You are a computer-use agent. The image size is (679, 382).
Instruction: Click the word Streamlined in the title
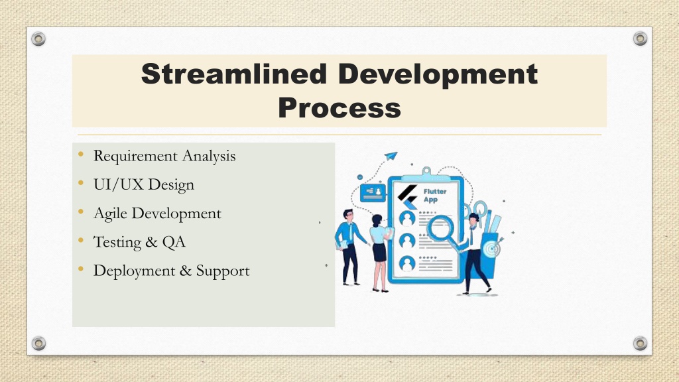[234, 74]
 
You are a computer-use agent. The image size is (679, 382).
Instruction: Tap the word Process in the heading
[339, 108]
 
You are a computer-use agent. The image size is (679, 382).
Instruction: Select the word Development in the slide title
[438, 75]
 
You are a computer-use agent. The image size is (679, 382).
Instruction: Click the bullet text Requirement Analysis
[164, 156]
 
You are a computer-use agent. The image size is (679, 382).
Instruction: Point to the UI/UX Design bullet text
[144, 184]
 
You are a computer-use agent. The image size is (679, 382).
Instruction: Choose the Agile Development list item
[157, 214]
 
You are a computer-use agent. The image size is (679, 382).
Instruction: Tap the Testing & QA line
[139, 241]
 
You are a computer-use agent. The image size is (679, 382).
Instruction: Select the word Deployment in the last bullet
[134, 271]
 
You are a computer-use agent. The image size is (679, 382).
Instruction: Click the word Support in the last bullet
[223, 271]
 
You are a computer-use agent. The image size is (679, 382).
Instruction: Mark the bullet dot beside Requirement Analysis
[81, 154]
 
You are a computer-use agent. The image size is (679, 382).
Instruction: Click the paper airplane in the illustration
[391, 156]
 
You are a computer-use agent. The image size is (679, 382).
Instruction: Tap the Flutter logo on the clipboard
[408, 197]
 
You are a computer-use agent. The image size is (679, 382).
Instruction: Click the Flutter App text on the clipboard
[434, 196]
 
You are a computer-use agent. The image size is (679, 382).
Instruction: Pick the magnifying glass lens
[441, 228]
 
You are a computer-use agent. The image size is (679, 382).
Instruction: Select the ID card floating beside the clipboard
[373, 192]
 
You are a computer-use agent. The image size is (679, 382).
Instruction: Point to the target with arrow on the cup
[492, 249]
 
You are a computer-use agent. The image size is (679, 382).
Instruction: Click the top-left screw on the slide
[38, 39]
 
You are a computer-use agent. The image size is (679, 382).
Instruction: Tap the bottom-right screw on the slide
[640, 344]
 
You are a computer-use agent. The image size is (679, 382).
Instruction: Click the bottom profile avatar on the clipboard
[407, 263]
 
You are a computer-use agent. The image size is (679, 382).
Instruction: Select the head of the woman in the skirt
[377, 220]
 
